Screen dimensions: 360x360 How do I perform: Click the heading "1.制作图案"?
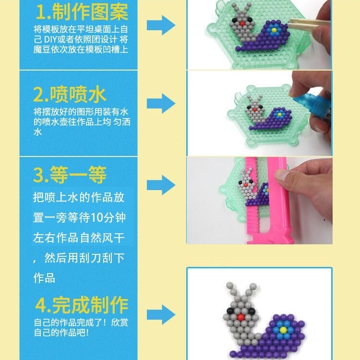81,10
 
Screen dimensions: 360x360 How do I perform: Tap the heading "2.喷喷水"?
70,95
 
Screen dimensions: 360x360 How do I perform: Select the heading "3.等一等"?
70,175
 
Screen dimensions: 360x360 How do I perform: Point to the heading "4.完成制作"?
82,305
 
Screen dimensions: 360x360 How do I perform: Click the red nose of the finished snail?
240,317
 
